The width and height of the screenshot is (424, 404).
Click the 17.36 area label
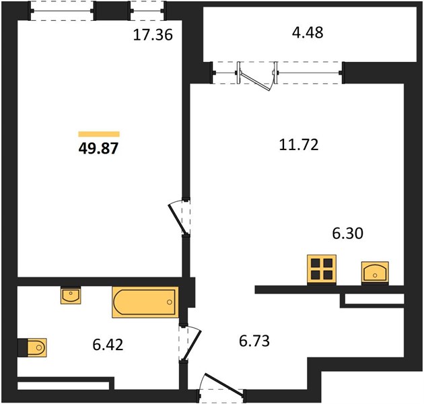(x=153, y=35)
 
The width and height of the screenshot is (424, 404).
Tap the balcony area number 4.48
(x=308, y=32)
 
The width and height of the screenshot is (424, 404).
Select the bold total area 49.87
(x=98, y=148)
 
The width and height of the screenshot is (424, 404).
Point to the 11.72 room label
(x=299, y=145)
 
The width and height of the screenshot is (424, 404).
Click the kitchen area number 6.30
(x=348, y=233)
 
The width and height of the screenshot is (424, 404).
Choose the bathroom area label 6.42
(x=108, y=345)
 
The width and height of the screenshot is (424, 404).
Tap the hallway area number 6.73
(x=254, y=341)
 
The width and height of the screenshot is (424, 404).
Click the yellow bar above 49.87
(x=99, y=134)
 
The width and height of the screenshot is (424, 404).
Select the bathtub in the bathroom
(x=145, y=302)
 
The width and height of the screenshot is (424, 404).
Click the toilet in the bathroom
(x=36, y=347)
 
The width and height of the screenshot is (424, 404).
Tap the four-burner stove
(x=322, y=270)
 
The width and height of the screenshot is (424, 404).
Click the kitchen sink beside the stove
(x=375, y=273)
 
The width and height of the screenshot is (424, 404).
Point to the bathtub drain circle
(x=170, y=302)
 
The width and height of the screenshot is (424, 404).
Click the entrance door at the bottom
(x=224, y=384)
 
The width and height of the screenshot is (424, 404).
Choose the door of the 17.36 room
(x=177, y=220)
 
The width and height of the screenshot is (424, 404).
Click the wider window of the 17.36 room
(x=62, y=11)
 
